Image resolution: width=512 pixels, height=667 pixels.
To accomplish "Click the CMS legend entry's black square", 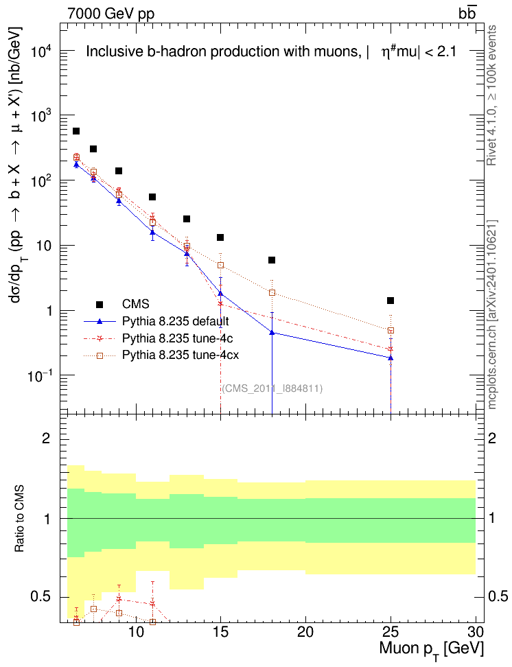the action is tap(100, 304).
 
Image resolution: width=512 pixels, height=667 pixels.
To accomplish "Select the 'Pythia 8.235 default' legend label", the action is tap(175, 320).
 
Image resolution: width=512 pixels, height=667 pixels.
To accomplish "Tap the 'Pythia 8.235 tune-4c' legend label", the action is tap(178, 338).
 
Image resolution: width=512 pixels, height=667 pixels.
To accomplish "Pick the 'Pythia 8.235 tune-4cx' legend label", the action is tap(181, 355).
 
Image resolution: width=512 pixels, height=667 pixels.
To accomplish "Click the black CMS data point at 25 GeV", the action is tap(391, 301).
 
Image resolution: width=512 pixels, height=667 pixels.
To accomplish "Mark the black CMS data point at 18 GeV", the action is tap(272, 260).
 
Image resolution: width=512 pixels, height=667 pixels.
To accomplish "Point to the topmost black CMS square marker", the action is tap(76, 131).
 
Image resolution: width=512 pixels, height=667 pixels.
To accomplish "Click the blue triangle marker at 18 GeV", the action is tap(272, 332).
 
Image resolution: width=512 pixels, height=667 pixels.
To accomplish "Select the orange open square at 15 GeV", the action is tap(220, 265).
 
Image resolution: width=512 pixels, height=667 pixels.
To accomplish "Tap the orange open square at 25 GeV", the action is tap(391, 330).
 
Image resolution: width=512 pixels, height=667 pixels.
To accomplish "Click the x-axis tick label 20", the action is tap(305, 632).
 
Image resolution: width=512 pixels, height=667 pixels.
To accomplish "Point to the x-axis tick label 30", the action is tap(476, 632).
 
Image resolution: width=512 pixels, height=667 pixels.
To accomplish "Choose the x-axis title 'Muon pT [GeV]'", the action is tap(431, 650).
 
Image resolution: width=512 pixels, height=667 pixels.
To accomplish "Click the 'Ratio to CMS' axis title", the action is tap(20, 518).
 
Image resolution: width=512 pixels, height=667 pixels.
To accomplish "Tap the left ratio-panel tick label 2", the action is tap(46, 438).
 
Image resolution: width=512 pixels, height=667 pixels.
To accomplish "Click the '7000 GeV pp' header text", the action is tap(110, 14).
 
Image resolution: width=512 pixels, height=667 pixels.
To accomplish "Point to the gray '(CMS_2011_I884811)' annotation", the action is tap(272, 388).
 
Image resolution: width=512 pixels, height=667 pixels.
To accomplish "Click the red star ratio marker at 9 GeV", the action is tap(119, 599).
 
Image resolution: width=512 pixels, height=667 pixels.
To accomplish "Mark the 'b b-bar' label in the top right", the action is tap(467, 13).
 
